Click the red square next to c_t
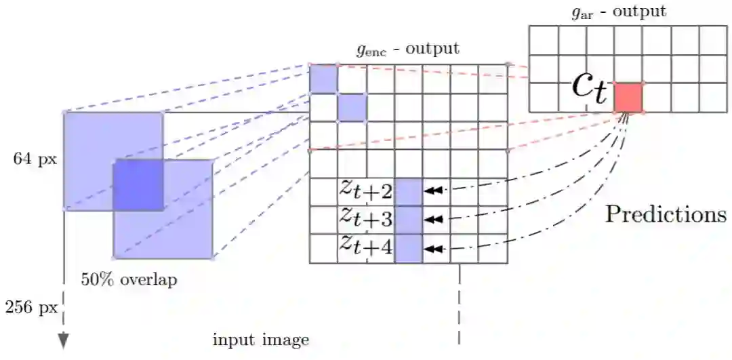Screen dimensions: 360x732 coord(628,97)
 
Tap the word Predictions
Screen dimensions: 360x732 coord(666,214)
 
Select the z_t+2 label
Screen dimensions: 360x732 coord(366,191)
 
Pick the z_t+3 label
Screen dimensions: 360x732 coord(366,219)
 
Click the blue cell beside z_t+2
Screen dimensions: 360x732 coord(408,191)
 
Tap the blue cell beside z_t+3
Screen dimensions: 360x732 coord(408,220)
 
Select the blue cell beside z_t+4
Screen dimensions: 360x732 coord(408,248)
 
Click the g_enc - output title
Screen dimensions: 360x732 coord(407,49)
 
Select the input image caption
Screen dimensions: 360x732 coord(261,339)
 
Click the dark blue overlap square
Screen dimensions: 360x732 coord(138,184)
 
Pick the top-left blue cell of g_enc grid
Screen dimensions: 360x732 coord(323,79)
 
